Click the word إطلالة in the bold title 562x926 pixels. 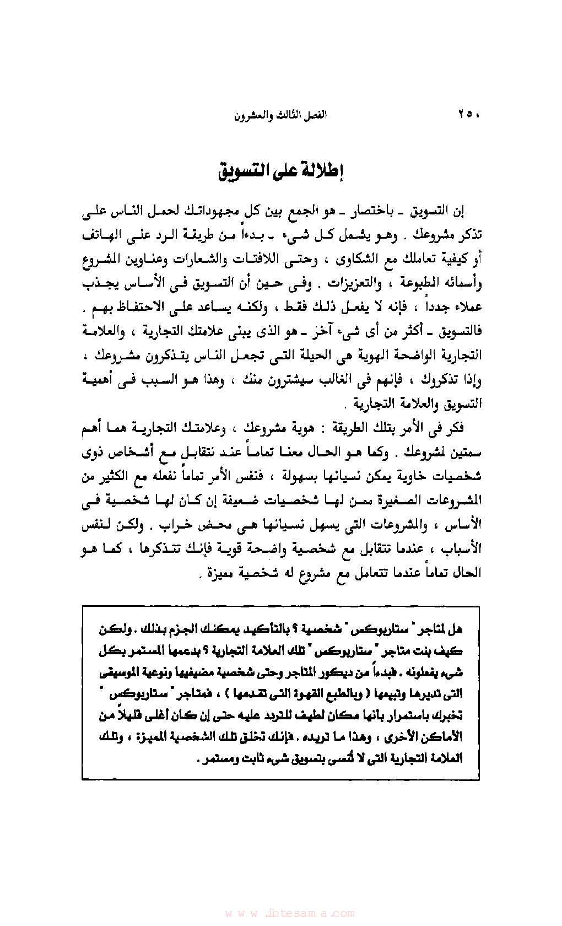pyautogui.click(x=323, y=171)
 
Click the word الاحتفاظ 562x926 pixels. pyautogui.click(x=147, y=308)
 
